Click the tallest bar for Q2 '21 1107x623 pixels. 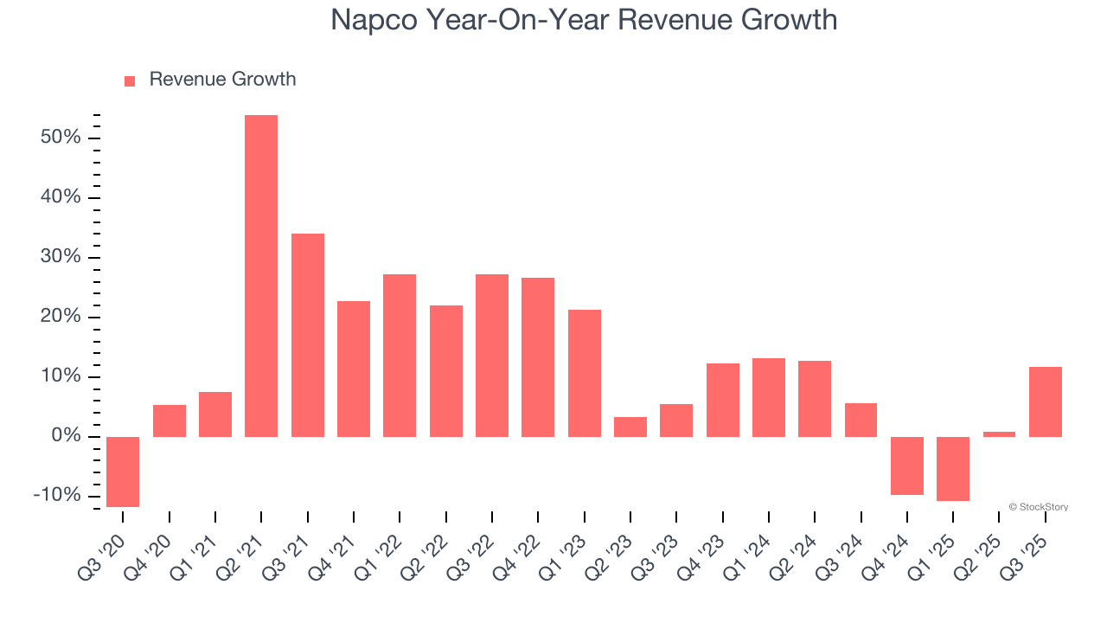click(261, 275)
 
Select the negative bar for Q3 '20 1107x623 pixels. click(123, 472)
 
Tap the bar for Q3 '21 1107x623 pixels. click(308, 335)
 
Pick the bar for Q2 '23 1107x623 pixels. click(630, 427)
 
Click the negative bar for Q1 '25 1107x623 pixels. click(953, 468)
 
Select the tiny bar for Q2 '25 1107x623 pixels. click(999, 434)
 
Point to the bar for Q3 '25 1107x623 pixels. click(1046, 401)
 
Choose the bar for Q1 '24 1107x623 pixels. click(769, 397)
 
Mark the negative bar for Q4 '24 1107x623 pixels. click(907, 466)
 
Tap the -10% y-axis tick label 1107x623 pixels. click(57, 496)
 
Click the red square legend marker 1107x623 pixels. click(130, 80)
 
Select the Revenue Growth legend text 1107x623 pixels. click(222, 80)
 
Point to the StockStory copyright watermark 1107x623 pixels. click(1038, 507)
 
